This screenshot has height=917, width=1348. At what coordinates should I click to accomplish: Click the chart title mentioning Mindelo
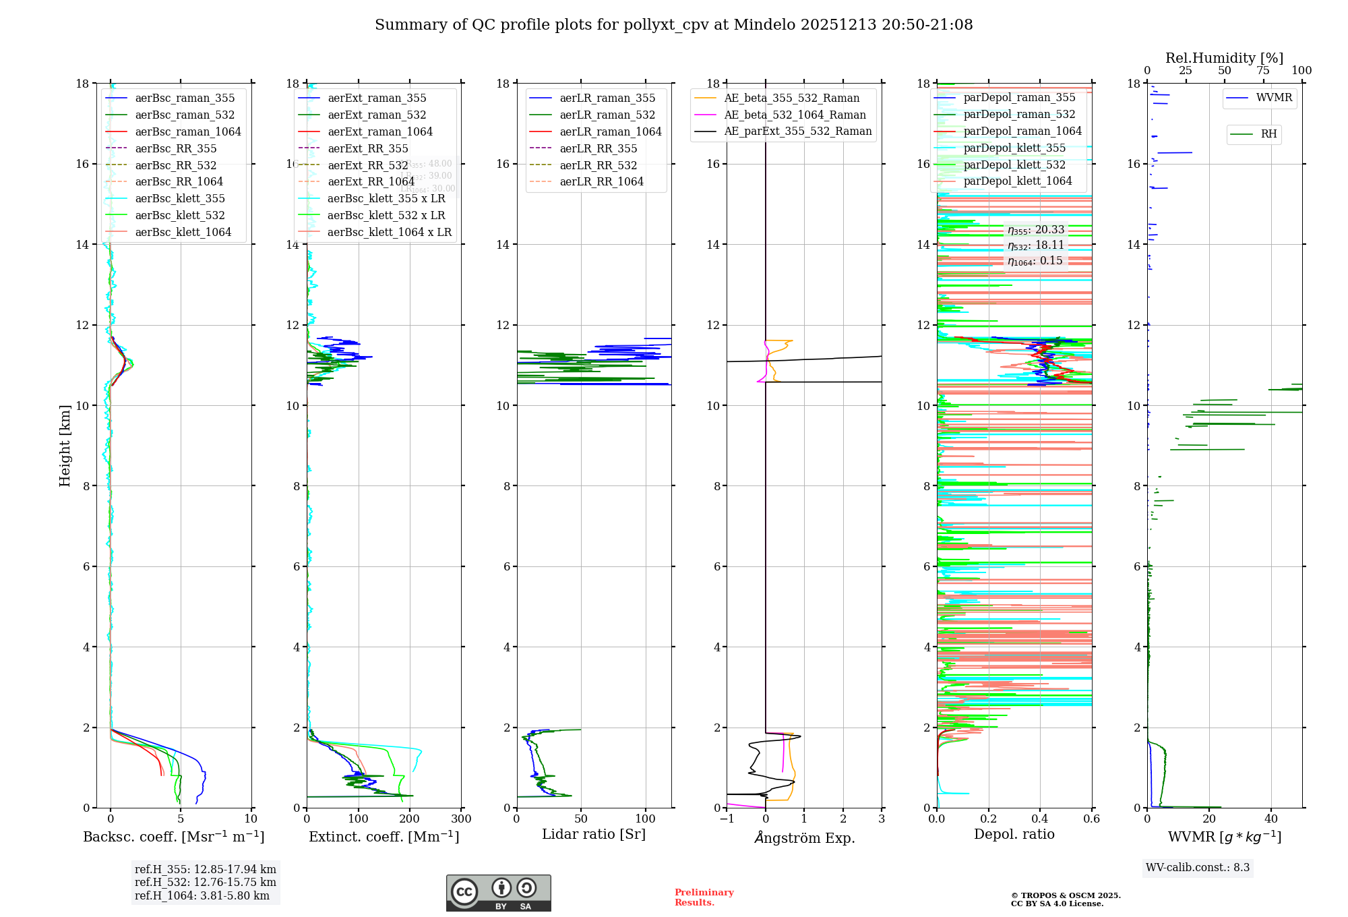pyautogui.click(x=673, y=25)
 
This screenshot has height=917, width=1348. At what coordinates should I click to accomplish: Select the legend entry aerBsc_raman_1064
pyautogui.click(x=187, y=131)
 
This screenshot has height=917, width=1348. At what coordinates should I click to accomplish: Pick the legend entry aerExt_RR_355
pyautogui.click(x=367, y=148)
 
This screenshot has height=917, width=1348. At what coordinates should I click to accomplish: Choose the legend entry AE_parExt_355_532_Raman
pyautogui.click(x=797, y=131)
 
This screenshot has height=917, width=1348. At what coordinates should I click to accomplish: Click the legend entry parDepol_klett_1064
pyautogui.click(x=1017, y=181)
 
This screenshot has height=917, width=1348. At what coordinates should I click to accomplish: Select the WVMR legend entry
pyautogui.click(x=1274, y=98)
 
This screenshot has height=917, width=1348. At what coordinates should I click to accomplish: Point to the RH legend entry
pyautogui.click(x=1268, y=134)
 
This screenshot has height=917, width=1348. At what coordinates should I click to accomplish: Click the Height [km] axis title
pyautogui.click(x=65, y=445)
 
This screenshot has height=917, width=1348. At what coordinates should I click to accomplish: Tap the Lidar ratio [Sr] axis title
pyautogui.click(x=593, y=834)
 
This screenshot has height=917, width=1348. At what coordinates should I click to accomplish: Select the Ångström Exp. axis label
pyautogui.click(x=804, y=837)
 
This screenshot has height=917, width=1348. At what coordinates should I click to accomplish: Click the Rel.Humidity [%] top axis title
pyautogui.click(x=1224, y=58)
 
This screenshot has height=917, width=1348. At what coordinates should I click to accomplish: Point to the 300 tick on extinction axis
pyautogui.click(x=462, y=819)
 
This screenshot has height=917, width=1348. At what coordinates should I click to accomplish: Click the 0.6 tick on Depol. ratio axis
pyautogui.click(x=1091, y=819)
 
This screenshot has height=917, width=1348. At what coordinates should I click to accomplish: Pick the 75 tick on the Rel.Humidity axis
pyautogui.click(x=1263, y=70)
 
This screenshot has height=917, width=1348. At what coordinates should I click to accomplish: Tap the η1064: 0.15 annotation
pyautogui.click(x=1035, y=261)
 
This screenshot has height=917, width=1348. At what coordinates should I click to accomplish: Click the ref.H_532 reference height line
pyautogui.click(x=205, y=882)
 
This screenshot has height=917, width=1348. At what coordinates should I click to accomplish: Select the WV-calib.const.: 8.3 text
pyautogui.click(x=1197, y=867)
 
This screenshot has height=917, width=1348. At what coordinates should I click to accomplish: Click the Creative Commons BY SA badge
pyautogui.click(x=498, y=893)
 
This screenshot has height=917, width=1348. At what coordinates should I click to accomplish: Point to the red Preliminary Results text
pyautogui.click(x=704, y=897)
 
